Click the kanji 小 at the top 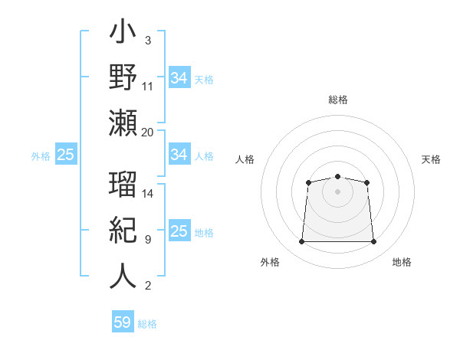coord(123,35)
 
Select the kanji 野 coord(123,77)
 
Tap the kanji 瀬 coord(123,123)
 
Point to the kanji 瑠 coord(123,186)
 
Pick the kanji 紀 coord(123,231)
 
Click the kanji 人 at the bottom coord(123,275)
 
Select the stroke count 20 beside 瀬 coord(147,132)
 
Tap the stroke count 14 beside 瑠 coord(147,194)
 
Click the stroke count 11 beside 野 coord(147,86)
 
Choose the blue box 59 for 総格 coord(123,322)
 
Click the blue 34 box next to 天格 coord(179,78)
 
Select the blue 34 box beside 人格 coord(179,155)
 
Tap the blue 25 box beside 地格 coord(179,231)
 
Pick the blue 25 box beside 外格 coord(65,155)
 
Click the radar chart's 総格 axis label coord(337,100)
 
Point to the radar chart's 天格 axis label coord(432,159)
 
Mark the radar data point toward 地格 coord(373,242)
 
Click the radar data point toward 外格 coord(301,242)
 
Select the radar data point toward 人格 coord(308,182)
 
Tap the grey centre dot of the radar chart coord(337,191)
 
